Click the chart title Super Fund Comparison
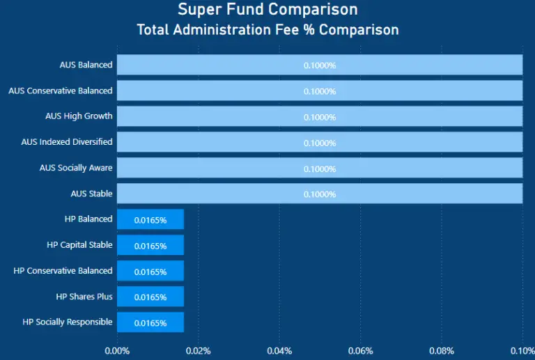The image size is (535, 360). pyautogui.click(x=267, y=10)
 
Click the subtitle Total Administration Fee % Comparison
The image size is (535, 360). pyautogui.click(x=267, y=30)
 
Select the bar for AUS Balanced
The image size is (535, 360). pyautogui.click(x=320, y=65)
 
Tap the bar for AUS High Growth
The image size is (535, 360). pyautogui.click(x=320, y=116)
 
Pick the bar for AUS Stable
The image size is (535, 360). pyautogui.click(x=320, y=194)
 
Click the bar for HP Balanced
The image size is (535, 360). pyautogui.click(x=150, y=219)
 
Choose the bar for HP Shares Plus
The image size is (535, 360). pyautogui.click(x=150, y=297)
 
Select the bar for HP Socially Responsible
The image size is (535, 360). pyautogui.click(x=150, y=322)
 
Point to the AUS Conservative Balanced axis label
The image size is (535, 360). pyautogui.click(x=61, y=91)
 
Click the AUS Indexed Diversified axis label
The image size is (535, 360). pyautogui.click(x=67, y=142)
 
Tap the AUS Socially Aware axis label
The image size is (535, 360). pyautogui.click(x=77, y=168)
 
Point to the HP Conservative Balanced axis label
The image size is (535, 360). pyautogui.click(x=63, y=271)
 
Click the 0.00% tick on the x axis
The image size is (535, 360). pyautogui.click(x=117, y=350)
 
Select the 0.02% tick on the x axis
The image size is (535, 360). pyautogui.click(x=199, y=350)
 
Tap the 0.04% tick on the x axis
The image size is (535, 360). pyautogui.click(x=279, y=350)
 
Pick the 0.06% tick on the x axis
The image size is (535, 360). pyautogui.click(x=361, y=350)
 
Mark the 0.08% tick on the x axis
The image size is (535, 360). pyautogui.click(x=442, y=350)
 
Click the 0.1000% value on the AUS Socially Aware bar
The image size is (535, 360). pyautogui.click(x=320, y=169)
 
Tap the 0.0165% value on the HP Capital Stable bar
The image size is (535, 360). pyautogui.click(x=150, y=246)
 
